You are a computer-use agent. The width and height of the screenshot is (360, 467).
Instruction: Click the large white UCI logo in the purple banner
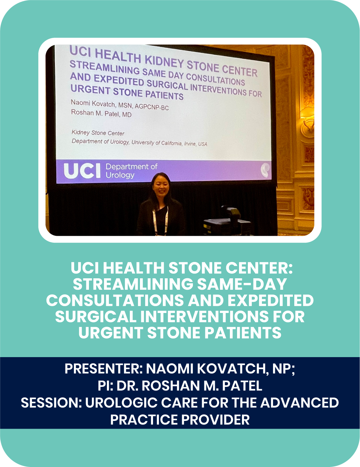click(x=82, y=171)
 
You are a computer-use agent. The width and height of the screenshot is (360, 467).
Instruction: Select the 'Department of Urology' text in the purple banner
click(x=131, y=170)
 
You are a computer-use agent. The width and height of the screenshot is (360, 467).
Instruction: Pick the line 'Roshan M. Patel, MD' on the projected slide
click(x=101, y=113)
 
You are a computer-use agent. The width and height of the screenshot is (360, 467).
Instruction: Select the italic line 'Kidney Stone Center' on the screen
click(x=98, y=133)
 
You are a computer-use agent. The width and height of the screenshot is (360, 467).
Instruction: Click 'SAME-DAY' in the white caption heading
click(x=242, y=284)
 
